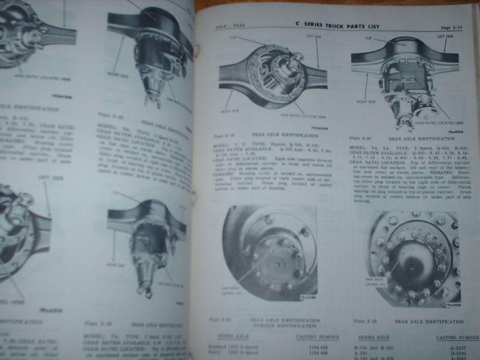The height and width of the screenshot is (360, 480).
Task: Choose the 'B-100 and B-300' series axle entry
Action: [377, 347]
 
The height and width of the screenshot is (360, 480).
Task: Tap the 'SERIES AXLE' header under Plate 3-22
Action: [373, 337]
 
